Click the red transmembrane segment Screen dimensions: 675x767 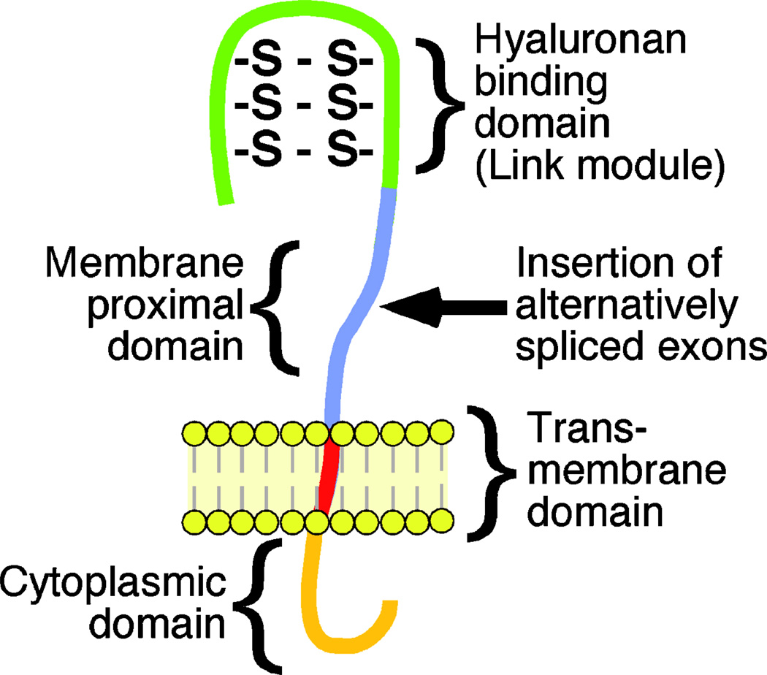pyautogui.click(x=329, y=475)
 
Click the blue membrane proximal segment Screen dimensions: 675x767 pyautogui.click(x=365, y=292)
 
